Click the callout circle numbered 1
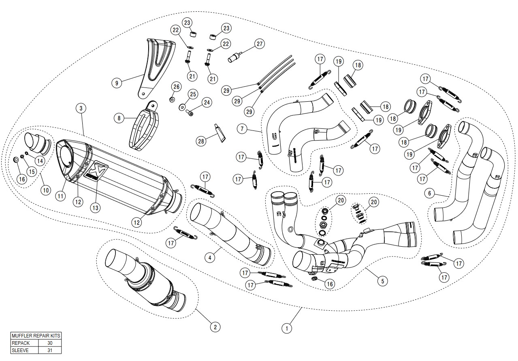[x=287, y=327]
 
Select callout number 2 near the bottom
[x=215, y=327]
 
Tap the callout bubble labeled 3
[x=81, y=108]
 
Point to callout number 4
[x=209, y=257]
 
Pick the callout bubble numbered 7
[x=242, y=129]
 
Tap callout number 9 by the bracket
[x=117, y=83]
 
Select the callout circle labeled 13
[x=94, y=207]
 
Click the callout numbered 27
[x=259, y=44]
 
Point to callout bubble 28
[x=201, y=141]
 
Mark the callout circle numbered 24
[x=207, y=103]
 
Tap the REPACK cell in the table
[x=24, y=343]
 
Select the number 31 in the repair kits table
[x=50, y=350]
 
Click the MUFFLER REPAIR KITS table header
[x=36, y=336]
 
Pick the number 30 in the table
[x=50, y=343]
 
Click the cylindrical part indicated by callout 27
[x=234, y=57]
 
